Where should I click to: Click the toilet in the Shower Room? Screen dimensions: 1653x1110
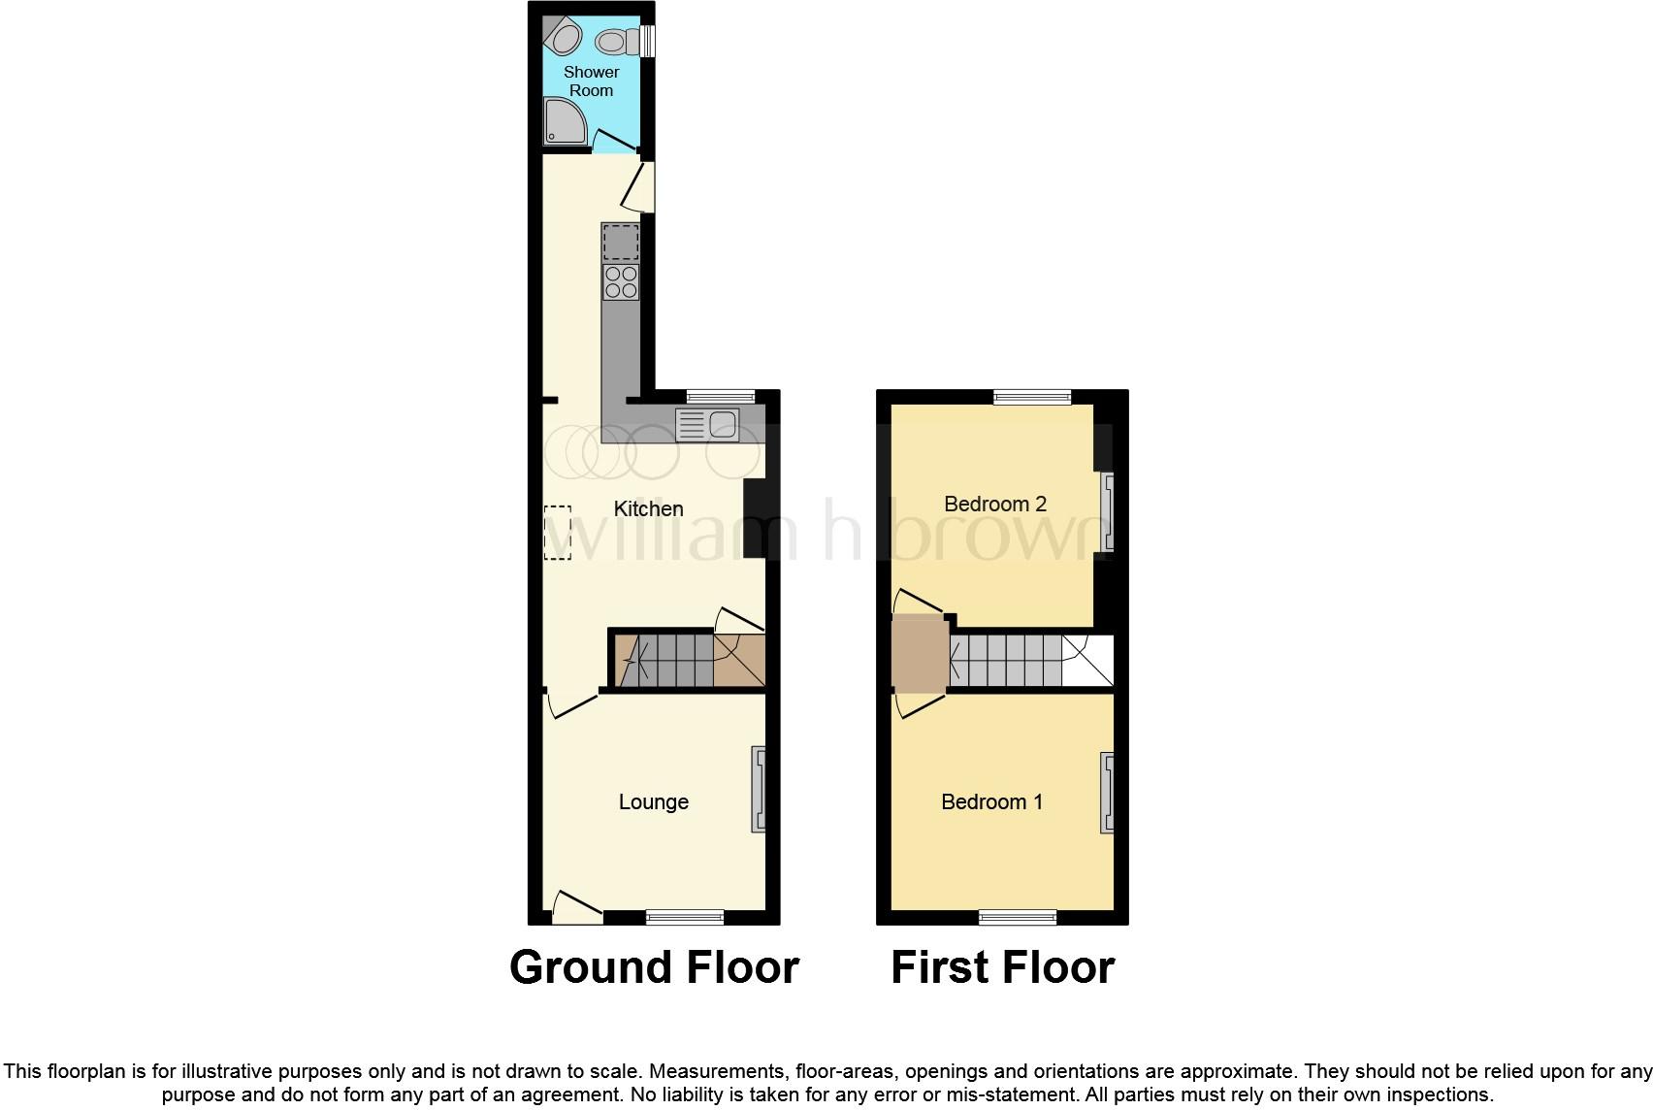pos(617,42)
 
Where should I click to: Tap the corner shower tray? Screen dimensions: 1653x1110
pos(565,121)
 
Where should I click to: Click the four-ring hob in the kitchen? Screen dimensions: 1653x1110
pos(621,282)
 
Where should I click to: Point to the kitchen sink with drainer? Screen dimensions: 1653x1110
pos(707,424)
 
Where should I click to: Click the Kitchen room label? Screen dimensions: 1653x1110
pos(649,508)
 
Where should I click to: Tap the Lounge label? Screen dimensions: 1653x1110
pos(653,801)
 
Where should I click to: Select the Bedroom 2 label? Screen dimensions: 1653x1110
pos(994,504)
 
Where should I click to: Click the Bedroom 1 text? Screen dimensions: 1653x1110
pos(991,801)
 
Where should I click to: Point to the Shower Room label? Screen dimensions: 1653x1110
pos(591,82)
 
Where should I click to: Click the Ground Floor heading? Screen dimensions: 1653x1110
pos(654,966)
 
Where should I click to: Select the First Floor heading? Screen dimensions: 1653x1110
pos(1003,966)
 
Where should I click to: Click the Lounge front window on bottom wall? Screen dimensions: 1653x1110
pos(685,917)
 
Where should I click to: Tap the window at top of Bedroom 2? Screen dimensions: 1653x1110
pos(1031,397)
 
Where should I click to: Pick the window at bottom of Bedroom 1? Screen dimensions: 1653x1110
pos(1018,917)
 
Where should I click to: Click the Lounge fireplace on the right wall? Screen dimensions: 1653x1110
pos(759,789)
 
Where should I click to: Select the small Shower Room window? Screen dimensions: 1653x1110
pos(647,42)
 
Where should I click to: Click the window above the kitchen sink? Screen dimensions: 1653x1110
pos(720,397)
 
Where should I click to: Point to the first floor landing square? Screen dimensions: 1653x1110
pos(920,653)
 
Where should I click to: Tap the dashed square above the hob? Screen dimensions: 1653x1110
pos(621,242)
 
